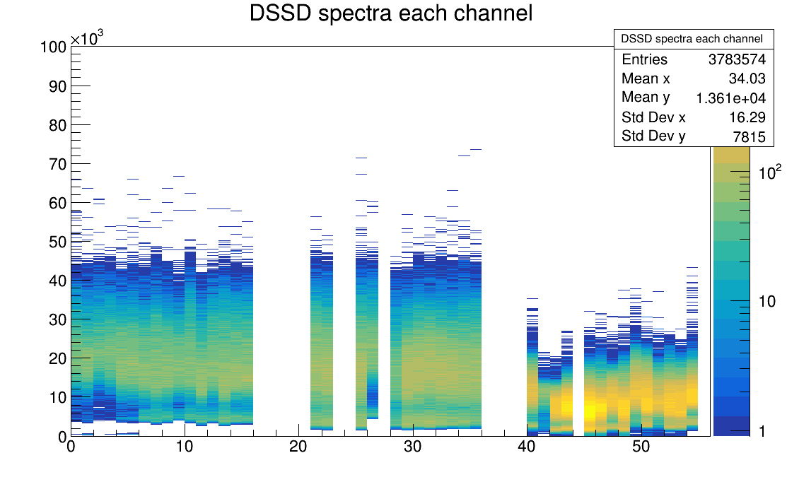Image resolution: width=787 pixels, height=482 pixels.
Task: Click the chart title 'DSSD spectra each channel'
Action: [x=391, y=13]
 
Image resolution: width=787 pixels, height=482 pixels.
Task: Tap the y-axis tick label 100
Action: [x=54, y=47]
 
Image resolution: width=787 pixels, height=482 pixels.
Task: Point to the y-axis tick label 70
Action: [x=57, y=164]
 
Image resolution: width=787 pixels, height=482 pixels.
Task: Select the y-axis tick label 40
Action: [x=57, y=281]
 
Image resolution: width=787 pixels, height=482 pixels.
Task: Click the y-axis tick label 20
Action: [x=57, y=358]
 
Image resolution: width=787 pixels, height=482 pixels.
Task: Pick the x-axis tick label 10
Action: [x=185, y=447]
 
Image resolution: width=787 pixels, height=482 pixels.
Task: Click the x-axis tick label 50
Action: [x=640, y=447]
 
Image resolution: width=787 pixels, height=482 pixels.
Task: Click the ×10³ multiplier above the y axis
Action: [x=86, y=38]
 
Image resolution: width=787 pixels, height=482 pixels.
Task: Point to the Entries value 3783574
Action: [x=737, y=60]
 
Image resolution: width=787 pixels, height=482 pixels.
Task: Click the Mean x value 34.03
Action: [x=747, y=78]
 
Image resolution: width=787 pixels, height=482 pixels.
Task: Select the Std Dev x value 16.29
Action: [x=747, y=117]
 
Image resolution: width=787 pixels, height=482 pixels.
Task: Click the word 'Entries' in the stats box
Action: [x=644, y=60]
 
